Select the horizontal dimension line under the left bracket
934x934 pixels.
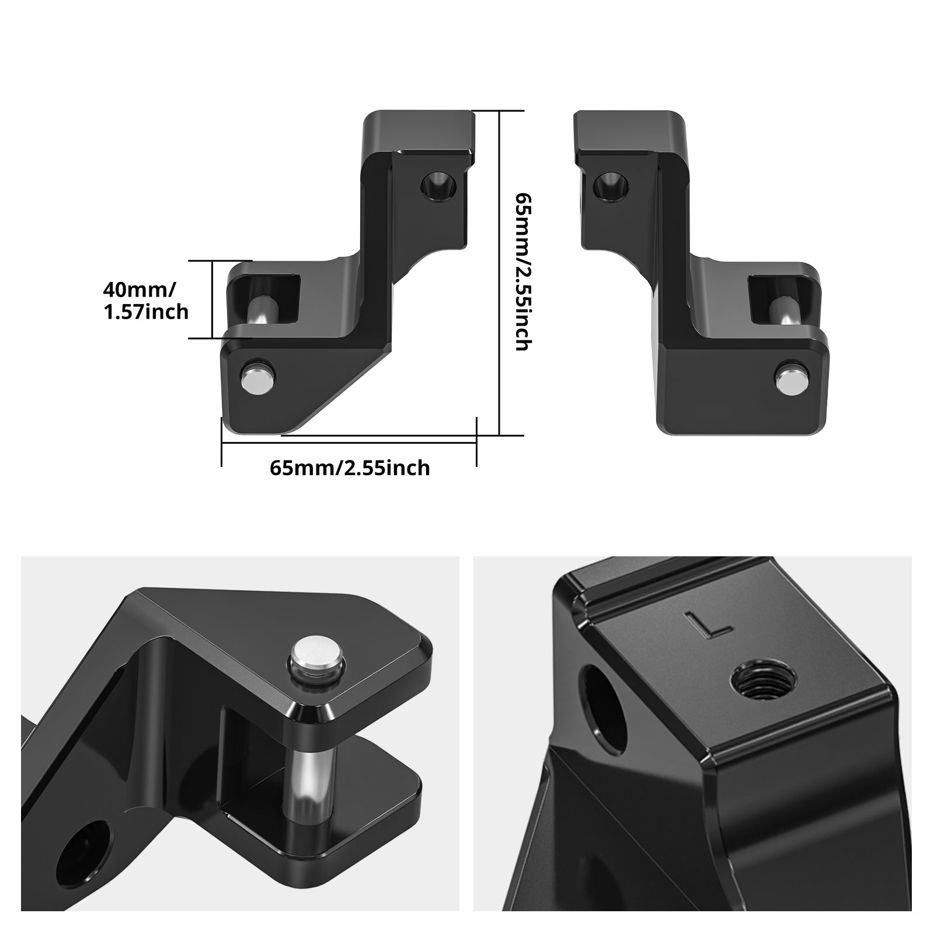click(x=349, y=442)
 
